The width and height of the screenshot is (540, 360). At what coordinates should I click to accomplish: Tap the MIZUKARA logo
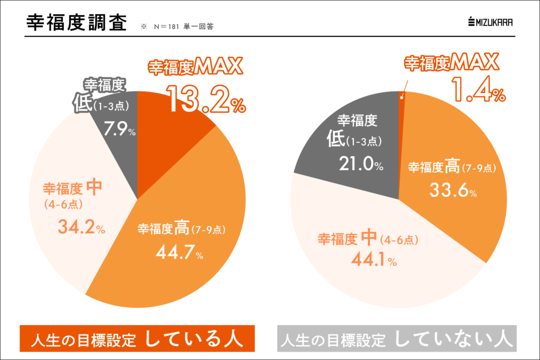coord(490,22)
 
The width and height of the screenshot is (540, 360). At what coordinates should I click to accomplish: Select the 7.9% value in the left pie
coord(119,129)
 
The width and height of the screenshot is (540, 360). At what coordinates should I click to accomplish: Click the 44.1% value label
coord(371,259)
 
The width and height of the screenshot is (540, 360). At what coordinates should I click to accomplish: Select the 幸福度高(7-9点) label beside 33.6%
coord(452,168)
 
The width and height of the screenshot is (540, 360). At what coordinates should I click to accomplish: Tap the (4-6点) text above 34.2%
coord(63,204)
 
